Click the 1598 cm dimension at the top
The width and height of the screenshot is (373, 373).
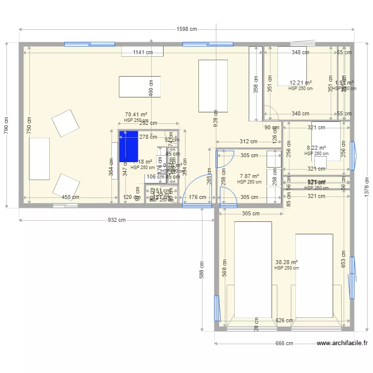[x=186, y=29]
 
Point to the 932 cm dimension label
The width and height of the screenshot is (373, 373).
[x=116, y=220]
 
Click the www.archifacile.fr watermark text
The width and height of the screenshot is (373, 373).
[x=342, y=343]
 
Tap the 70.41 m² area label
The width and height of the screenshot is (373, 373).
[x=136, y=114]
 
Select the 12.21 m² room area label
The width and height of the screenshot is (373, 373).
[x=300, y=83]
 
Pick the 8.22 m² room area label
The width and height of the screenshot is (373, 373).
[x=316, y=148]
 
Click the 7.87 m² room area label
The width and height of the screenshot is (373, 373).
[x=249, y=176]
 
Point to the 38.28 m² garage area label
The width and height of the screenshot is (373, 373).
[x=286, y=262]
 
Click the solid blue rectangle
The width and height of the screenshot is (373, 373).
[x=128, y=146]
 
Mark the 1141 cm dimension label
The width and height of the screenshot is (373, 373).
[x=142, y=52]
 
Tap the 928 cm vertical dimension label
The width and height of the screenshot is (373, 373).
[x=215, y=119]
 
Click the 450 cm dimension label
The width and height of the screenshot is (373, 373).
[x=70, y=197]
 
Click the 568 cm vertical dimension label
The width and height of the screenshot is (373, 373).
[x=224, y=269]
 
